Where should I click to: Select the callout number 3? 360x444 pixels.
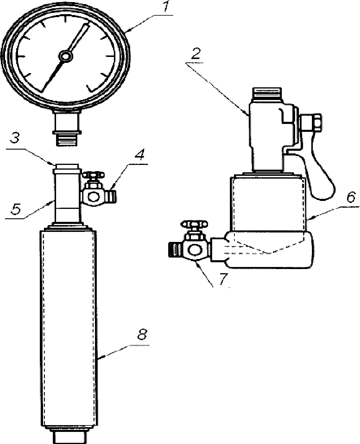pyautogui.click(x=15, y=138)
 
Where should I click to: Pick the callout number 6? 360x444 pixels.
pyautogui.click(x=351, y=197)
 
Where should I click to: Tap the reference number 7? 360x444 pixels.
pyautogui.click(x=223, y=279)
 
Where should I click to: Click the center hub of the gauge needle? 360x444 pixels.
pyautogui.click(x=66, y=56)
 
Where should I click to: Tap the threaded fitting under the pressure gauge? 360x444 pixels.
pyautogui.click(x=67, y=140)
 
